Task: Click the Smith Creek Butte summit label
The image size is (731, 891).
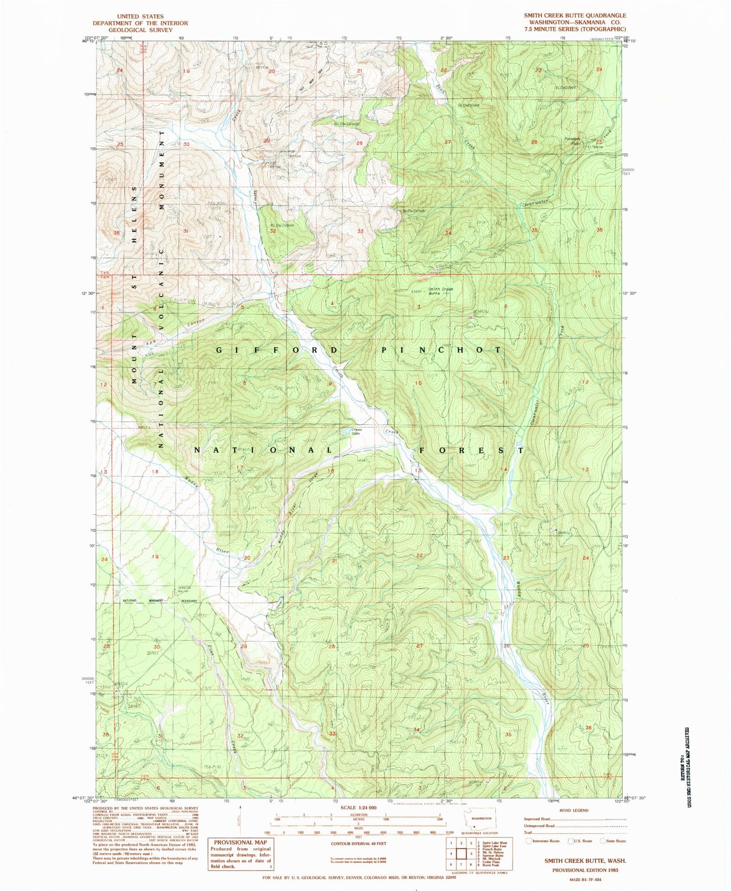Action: point(441,291)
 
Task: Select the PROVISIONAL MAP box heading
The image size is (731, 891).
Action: point(240,842)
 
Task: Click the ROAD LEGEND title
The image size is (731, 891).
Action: point(574,810)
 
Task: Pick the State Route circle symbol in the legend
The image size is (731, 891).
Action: point(603,841)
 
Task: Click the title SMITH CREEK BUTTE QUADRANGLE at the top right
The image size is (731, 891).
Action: point(575,16)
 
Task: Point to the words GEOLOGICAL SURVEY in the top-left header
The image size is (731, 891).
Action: point(140,30)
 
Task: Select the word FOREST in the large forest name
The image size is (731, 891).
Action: point(470,450)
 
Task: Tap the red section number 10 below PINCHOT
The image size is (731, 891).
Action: point(418,383)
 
